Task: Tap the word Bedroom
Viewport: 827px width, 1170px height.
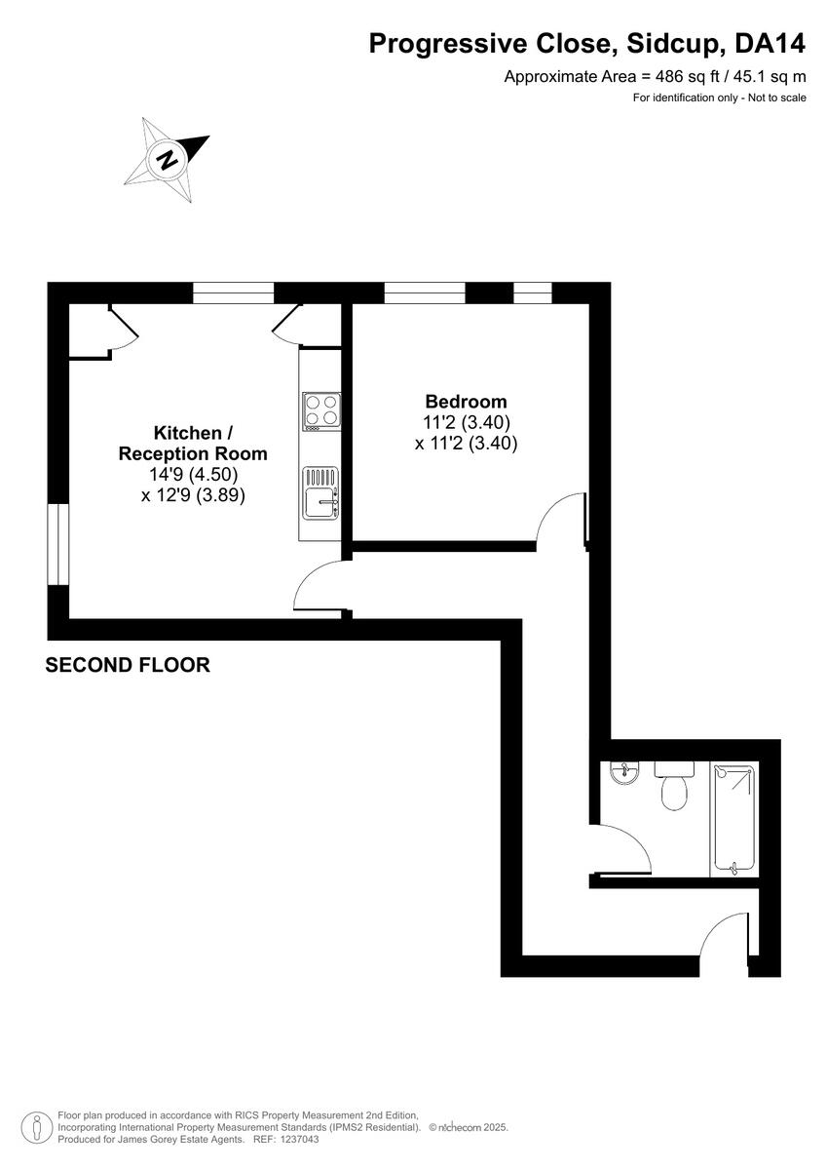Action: (x=466, y=402)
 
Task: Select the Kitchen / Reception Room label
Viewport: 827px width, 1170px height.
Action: (x=193, y=443)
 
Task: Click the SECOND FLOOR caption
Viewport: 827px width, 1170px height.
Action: (x=128, y=666)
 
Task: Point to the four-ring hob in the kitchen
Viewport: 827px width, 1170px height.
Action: (x=320, y=410)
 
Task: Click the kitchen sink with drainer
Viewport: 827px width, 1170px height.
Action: (x=320, y=493)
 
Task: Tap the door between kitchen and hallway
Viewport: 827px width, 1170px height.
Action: (x=318, y=588)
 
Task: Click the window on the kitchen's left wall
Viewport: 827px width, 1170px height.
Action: (x=58, y=544)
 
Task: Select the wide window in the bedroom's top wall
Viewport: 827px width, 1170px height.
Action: (x=425, y=292)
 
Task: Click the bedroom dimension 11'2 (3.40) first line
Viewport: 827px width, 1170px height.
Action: (x=466, y=422)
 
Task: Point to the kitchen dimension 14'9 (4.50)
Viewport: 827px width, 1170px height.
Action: (x=193, y=475)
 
